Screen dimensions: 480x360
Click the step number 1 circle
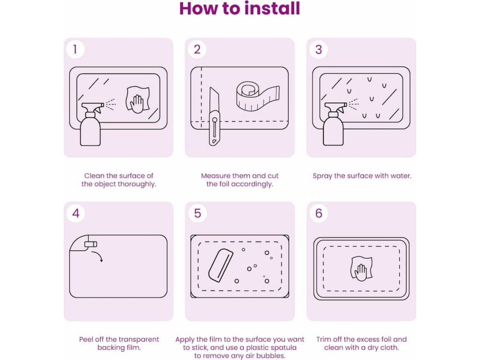[x=75, y=49]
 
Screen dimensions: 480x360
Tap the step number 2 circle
[x=197, y=49]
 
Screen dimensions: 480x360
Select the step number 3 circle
[x=318, y=49]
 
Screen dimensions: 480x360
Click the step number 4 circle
[x=75, y=213]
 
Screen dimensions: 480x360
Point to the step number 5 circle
[x=197, y=213]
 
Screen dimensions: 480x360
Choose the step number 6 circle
[x=319, y=213]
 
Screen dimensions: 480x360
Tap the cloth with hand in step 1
[x=138, y=100]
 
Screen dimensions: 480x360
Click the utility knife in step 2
[x=214, y=116]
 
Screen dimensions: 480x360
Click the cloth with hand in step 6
[x=361, y=269]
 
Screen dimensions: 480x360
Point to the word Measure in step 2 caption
[x=216, y=176]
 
